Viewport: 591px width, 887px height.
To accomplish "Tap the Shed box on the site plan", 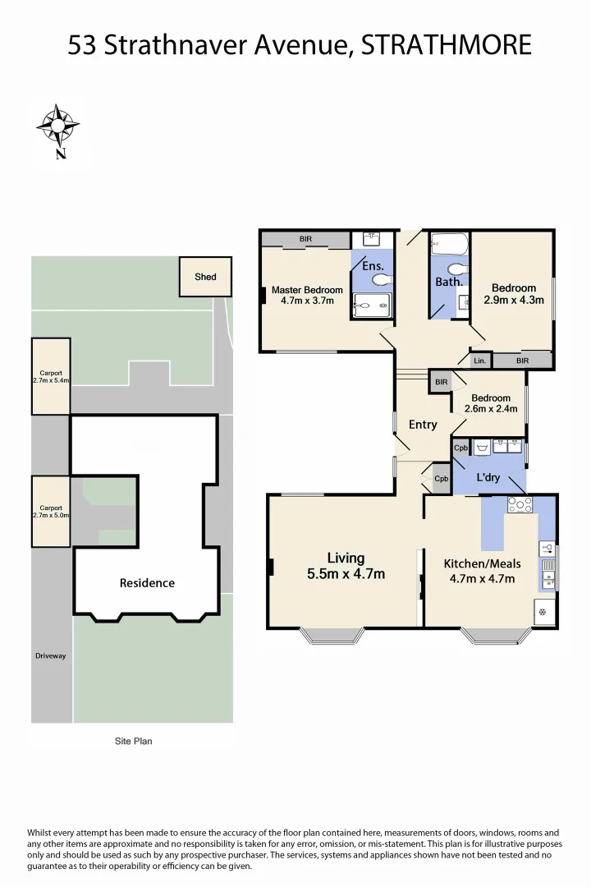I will coord(205,277).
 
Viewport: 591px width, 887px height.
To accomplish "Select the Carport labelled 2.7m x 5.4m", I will coord(50,376).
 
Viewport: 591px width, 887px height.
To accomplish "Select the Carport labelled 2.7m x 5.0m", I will coord(50,511).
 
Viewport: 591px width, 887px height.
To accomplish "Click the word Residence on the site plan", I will coord(147,583).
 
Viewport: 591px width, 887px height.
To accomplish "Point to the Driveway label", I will coord(50,655).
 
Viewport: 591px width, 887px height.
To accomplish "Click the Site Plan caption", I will coord(132,741).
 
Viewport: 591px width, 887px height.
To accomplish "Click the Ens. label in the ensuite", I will coord(373,265).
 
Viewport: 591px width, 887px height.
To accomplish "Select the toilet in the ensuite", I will coord(382,280).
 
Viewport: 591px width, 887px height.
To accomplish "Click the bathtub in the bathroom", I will coord(449,245).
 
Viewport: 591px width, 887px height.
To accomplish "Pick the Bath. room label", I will coord(449,282).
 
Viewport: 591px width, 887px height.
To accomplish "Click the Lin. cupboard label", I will coord(479,361).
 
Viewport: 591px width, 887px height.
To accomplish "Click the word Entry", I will coord(423,425).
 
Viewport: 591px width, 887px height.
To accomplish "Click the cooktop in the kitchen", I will coord(520,505).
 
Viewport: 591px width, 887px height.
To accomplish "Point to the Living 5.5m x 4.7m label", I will coord(346,567).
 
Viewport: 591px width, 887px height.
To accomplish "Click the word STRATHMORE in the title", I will coord(447,45).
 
